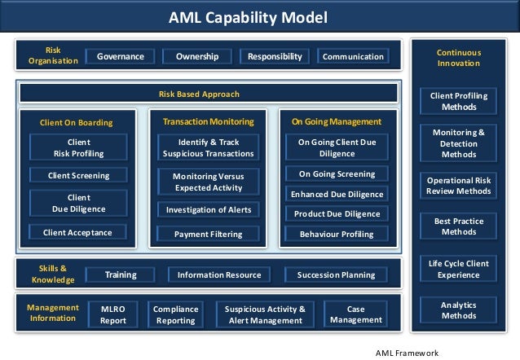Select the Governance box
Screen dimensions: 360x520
click(121, 57)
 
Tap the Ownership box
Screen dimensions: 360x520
click(196, 57)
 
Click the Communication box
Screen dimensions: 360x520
click(353, 57)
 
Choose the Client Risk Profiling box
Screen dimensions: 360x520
click(78, 147)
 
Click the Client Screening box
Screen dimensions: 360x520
click(78, 175)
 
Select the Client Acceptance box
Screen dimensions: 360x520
click(78, 232)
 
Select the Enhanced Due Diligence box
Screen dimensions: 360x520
click(337, 195)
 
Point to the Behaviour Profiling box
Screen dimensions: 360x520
click(337, 235)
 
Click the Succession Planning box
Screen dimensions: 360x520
click(336, 275)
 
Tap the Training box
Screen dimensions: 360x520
click(121, 275)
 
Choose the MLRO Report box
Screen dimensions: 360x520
click(112, 314)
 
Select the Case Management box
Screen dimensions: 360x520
click(355, 314)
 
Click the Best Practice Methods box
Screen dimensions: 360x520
click(458, 226)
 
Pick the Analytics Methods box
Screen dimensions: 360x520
click(458, 310)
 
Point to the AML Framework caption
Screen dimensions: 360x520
click(407, 353)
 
